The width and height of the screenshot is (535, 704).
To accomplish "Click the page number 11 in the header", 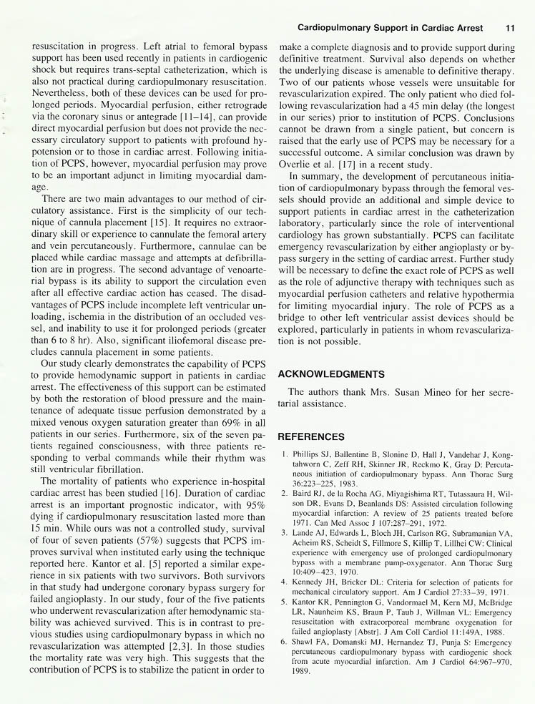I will tap(510, 28).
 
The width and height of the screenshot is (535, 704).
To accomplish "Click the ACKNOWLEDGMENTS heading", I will tap(331, 373).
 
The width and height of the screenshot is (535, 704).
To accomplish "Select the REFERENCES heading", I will tap(311, 436).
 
